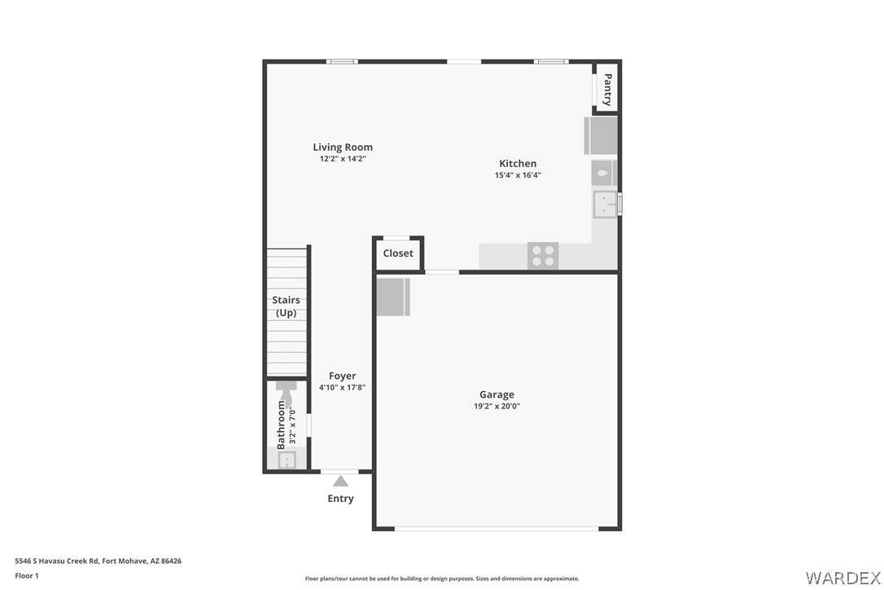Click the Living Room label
[343, 147]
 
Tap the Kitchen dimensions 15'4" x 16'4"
[518, 175]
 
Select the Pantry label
[607, 89]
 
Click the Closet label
[398, 253]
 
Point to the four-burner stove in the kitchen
[543, 255]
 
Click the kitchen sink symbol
[605, 204]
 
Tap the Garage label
[497, 394]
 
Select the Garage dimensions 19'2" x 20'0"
[497, 406]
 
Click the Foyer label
[342, 376]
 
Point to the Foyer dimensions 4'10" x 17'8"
[342, 387]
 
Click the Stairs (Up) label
[286, 306]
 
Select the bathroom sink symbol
[287, 460]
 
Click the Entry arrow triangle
[340, 481]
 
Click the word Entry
[340, 499]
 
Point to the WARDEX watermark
[842, 578]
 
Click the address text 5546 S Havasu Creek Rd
[57, 561]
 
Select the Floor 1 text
[27, 576]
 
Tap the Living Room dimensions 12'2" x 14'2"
[343, 159]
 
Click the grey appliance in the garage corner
[393, 297]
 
